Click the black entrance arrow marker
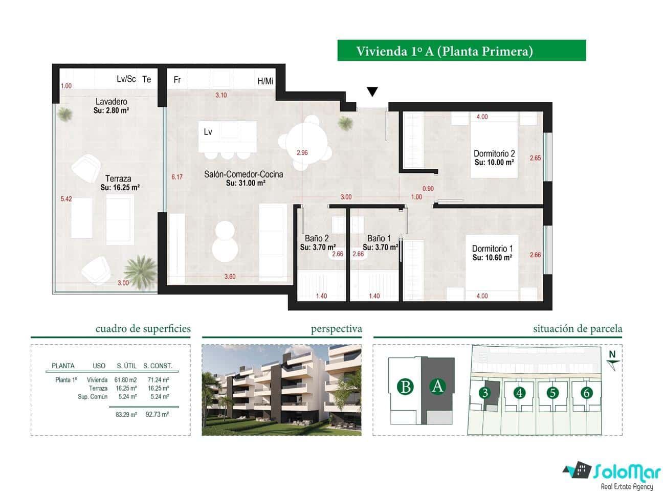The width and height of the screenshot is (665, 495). pyautogui.click(x=372, y=92)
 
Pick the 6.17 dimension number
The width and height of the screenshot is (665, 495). pyautogui.click(x=177, y=177)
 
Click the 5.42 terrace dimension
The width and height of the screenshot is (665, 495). pyautogui.click(x=66, y=199)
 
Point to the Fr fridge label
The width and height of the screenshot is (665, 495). pyautogui.click(x=178, y=80)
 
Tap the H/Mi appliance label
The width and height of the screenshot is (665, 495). pyautogui.click(x=265, y=81)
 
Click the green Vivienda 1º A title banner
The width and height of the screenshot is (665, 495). pyautogui.click(x=461, y=51)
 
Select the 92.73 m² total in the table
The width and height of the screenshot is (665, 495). pyautogui.click(x=157, y=415)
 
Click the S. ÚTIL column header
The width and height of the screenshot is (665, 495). pyautogui.click(x=126, y=366)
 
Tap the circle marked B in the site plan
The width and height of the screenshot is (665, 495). pyautogui.click(x=406, y=387)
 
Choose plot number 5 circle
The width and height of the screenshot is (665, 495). pyautogui.click(x=552, y=393)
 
